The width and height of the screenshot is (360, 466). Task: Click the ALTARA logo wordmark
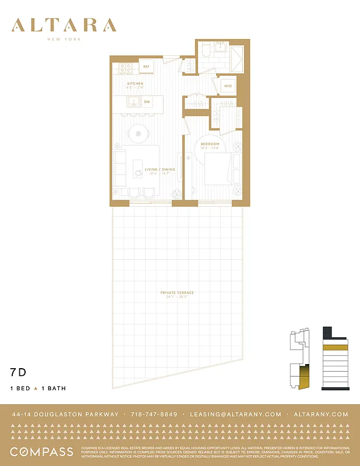point(64,25)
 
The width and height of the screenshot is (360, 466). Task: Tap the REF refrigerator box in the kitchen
point(146,67)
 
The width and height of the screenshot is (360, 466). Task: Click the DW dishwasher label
point(147,102)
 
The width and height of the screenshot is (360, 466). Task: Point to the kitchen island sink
point(133,102)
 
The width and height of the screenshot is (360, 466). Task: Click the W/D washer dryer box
point(228,86)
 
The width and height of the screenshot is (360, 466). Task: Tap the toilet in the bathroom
point(204,51)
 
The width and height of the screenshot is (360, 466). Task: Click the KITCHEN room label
point(135,84)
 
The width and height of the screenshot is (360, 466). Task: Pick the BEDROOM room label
point(210,144)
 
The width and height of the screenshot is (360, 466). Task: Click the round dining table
point(138,135)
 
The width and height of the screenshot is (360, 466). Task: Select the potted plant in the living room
point(174,195)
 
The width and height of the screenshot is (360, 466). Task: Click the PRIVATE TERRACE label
point(178,292)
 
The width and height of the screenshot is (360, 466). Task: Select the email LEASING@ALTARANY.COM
point(236,415)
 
